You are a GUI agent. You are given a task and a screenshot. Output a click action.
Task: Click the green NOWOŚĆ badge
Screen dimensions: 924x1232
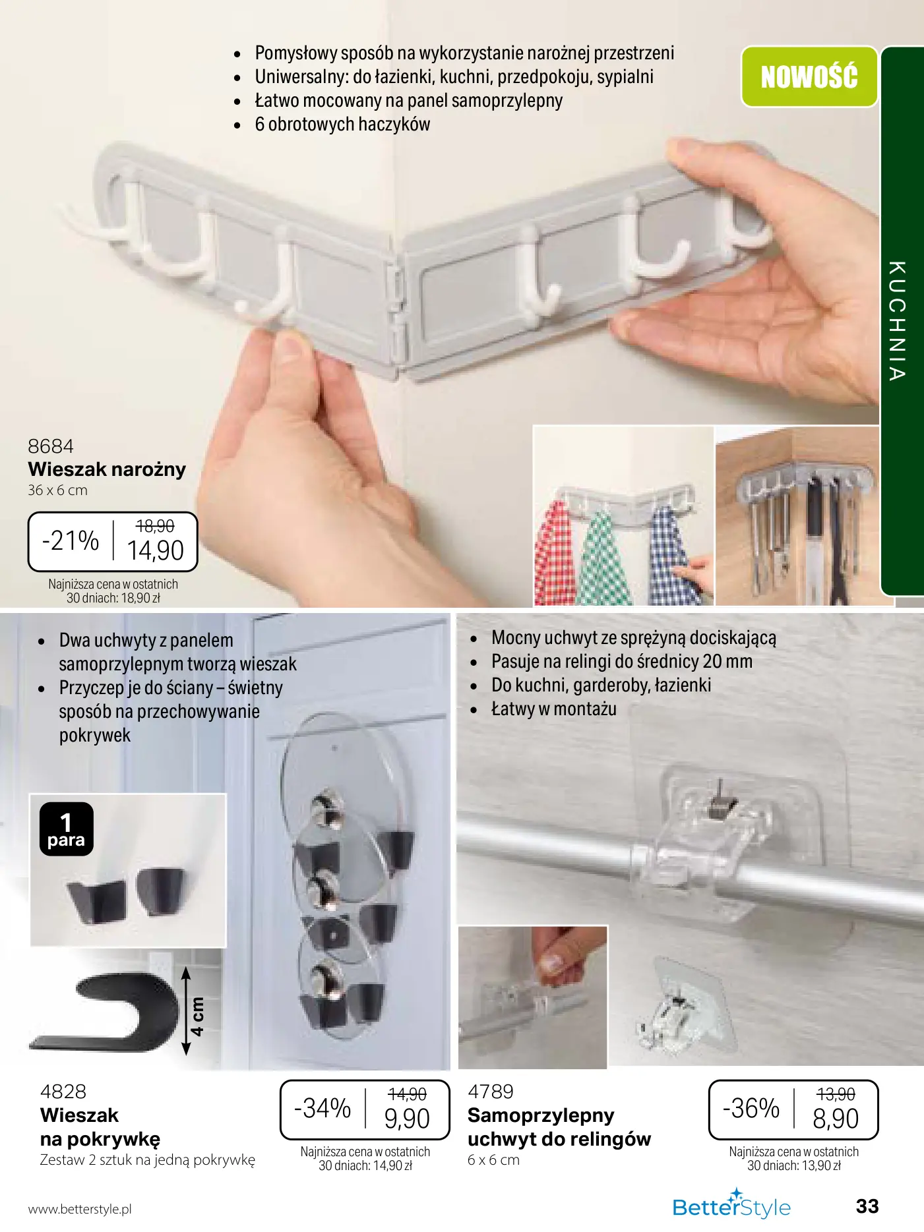coord(809,76)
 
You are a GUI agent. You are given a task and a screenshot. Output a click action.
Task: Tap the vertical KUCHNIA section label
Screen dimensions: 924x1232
coord(897,321)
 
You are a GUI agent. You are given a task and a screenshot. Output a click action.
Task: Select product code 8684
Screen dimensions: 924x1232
coord(51,446)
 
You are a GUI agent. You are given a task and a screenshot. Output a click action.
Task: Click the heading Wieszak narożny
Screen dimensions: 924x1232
coord(107,469)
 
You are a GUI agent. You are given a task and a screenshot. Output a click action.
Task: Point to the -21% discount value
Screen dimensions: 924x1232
coord(71,541)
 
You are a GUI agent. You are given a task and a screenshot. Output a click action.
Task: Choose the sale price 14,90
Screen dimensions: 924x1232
coord(156,551)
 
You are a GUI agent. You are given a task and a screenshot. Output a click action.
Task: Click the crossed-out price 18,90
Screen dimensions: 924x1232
coord(155,526)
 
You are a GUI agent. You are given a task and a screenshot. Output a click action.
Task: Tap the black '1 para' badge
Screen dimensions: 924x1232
coord(66,829)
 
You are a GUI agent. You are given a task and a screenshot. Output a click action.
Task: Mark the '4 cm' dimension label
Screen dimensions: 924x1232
coord(197,1016)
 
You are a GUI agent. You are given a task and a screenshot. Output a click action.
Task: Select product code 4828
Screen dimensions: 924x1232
coord(63,1092)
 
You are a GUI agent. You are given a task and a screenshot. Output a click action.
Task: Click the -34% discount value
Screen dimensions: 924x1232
coord(323,1108)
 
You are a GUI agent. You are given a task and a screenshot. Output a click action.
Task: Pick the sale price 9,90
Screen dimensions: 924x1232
coord(407,1119)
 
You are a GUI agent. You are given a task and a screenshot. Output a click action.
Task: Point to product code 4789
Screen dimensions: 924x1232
coord(491,1092)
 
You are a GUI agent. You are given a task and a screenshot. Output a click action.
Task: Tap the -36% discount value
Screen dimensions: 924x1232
coord(751,1108)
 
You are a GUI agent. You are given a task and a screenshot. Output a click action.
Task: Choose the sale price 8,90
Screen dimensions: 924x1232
coord(836,1119)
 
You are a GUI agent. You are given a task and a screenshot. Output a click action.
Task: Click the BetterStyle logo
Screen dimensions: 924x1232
coord(731,1206)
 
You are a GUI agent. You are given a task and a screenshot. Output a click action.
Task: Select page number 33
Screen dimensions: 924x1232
coord(867,1206)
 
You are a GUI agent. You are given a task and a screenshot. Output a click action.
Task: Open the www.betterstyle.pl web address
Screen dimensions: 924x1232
coord(80,1209)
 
